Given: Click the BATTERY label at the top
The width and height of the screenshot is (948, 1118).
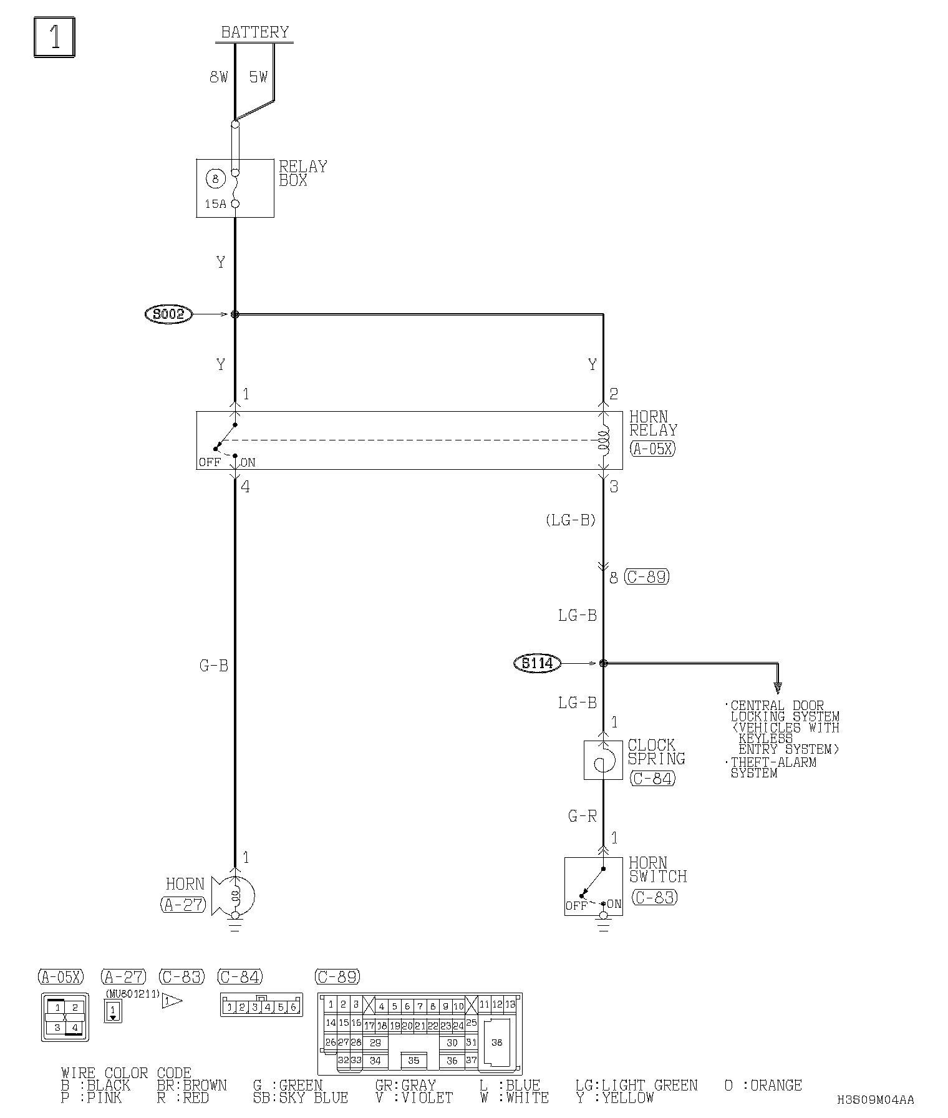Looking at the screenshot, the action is [x=254, y=32].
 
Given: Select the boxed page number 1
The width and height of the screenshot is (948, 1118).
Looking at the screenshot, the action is [x=55, y=37].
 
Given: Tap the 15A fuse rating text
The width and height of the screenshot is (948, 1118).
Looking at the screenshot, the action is [x=215, y=203].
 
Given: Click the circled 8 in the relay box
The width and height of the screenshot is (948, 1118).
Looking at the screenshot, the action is [x=215, y=179].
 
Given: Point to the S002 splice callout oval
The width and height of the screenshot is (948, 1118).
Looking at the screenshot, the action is [x=169, y=314].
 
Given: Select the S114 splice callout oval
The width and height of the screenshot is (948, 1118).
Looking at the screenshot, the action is [x=537, y=663].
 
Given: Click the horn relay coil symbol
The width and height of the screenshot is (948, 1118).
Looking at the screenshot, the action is [x=603, y=439].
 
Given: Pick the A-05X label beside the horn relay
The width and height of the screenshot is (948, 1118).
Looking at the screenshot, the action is [x=652, y=449].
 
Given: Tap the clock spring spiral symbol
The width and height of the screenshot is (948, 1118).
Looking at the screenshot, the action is [x=603, y=760].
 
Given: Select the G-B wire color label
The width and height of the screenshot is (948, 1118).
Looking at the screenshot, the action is [x=213, y=666].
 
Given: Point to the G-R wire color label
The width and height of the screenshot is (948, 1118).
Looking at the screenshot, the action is [x=582, y=815].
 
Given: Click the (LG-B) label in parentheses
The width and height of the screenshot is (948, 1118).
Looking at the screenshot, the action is [x=571, y=520].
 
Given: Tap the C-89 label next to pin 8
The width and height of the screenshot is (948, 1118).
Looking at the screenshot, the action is [x=647, y=577].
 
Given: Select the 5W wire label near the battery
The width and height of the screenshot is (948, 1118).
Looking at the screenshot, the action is [x=258, y=77].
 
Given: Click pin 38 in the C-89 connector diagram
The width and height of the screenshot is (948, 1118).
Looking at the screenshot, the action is [x=497, y=1043].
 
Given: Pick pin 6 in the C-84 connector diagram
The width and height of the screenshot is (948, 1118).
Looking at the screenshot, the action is [x=294, y=1007].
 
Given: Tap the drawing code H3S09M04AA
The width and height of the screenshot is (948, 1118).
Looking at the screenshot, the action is [x=876, y=1099].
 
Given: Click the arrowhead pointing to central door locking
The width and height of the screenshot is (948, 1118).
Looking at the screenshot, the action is [x=778, y=688].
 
